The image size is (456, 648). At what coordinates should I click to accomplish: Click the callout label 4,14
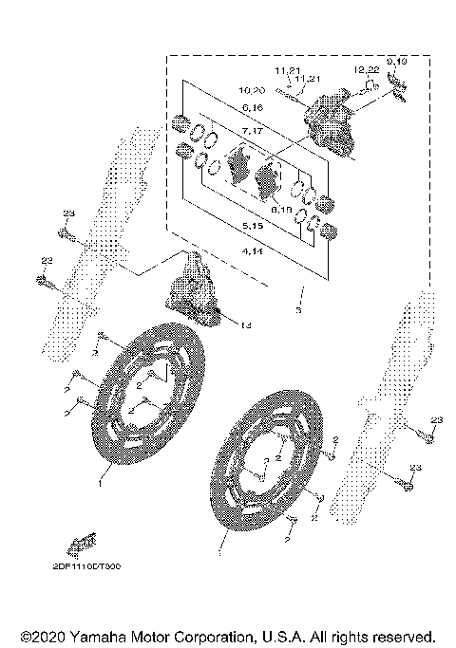pyautogui.click(x=253, y=250)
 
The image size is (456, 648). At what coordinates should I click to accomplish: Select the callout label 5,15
pyautogui.click(x=253, y=228)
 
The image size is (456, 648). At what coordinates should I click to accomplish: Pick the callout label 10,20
pyautogui.click(x=254, y=89)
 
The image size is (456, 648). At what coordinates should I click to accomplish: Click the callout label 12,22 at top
pyautogui.click(x=368, y=70)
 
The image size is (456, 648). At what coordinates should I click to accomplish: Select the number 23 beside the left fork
pyautogui.click(x=67, y=213)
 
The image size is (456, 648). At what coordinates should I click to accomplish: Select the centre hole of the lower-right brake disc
pyautogui.click(x=270, y=472)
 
